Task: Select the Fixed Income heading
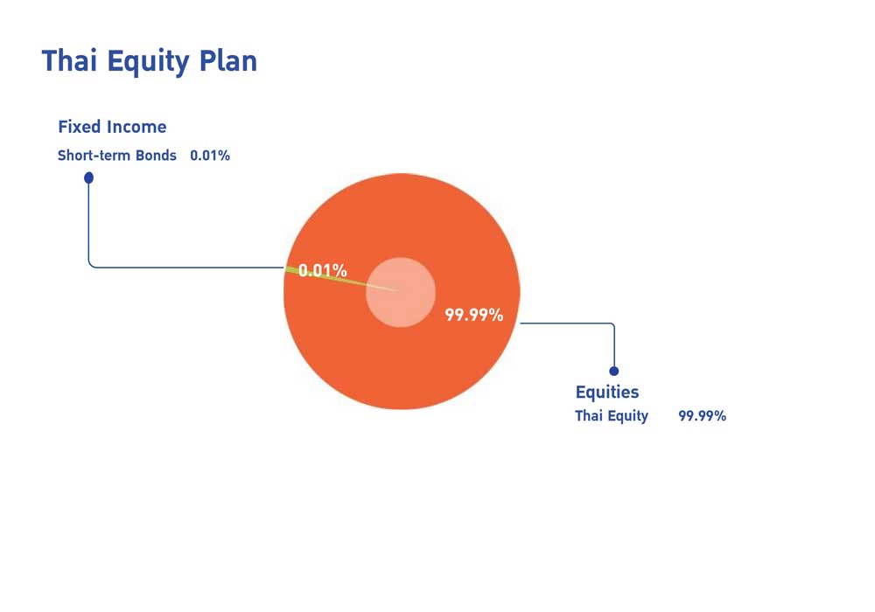pyautogui.click(x=112, y=127)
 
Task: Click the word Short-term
pyautogui.click(x=94, y=155)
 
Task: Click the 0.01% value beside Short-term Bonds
pyautogui.click(x=210, y=155)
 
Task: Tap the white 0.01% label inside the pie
pyautogui.click(x=323, y=270)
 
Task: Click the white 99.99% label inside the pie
pyautogui.click(x=473, y=315)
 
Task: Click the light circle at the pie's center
pyautogui.click(x=401, y=292)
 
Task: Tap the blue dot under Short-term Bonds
pyautogui.click(x=88, y=177)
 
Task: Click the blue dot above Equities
pyautogui.click(x=614, y=372)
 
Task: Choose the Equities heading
pyautogui.click(x=607, y=392)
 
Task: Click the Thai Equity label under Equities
pyautogui.click(x=612, y=416)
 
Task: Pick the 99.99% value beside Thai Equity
pyautogui.click(x=702, y=416)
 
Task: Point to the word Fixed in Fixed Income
pyautogui.click(x=80, y=127)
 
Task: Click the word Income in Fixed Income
pyautogui.click(x=136, y=127)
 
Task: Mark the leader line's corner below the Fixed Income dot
pyautogui.click(x=89, y=267)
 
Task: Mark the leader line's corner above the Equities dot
pyautogui.click(x=614, y=323)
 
